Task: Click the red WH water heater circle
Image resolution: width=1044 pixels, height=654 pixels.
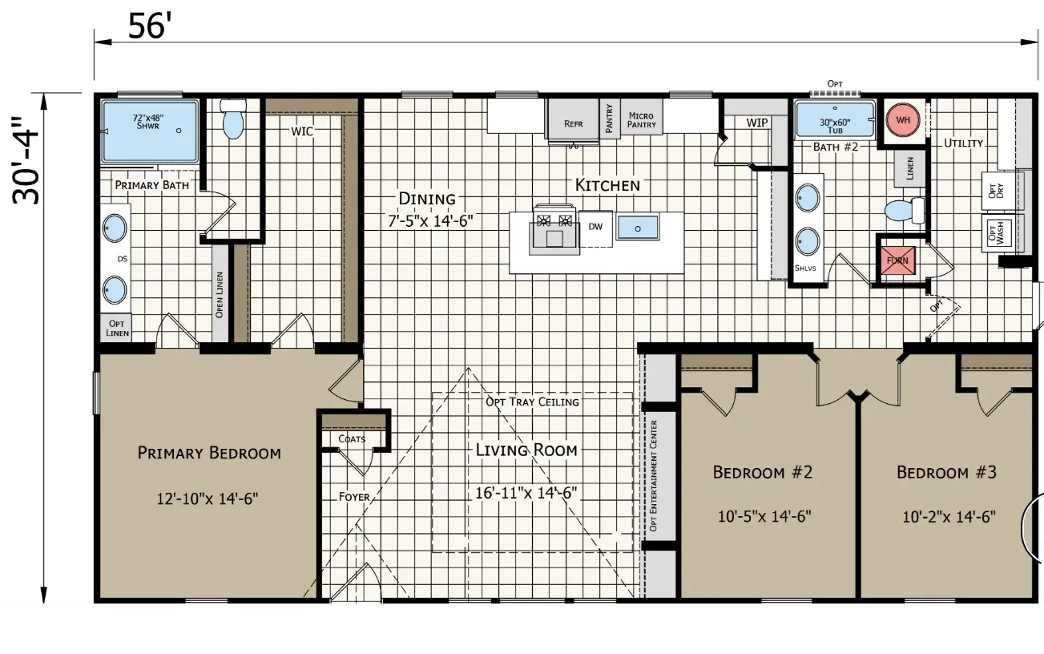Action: (903, 119)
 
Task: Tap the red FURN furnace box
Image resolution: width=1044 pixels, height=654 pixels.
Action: (897, 260)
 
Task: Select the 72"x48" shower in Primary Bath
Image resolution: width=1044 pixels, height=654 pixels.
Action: (150, 131)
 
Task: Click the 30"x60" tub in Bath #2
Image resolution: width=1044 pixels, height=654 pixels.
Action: (835, 119)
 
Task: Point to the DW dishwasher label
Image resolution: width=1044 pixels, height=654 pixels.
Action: (595, 227)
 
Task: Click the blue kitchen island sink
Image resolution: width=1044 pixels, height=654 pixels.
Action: (638, 228)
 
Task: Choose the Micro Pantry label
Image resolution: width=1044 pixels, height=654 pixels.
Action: (641, 119)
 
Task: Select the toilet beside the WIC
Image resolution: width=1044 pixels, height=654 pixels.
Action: (233, 119)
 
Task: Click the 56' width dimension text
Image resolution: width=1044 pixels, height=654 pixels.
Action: (147, 26)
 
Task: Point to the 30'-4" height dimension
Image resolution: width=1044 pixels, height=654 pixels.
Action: (26, 161)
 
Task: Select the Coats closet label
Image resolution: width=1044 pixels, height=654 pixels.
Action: (352, 439)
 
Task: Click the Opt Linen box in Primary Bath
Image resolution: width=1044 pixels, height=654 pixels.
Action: (116, 328)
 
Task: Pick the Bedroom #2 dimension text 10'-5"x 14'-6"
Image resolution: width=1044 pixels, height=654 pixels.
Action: (764, 516)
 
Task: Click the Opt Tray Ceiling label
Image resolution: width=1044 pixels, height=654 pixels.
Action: (532, 402)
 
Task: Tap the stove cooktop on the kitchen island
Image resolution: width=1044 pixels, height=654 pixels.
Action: (554, 230)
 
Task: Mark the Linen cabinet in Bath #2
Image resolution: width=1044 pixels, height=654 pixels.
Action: (909, 168)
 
